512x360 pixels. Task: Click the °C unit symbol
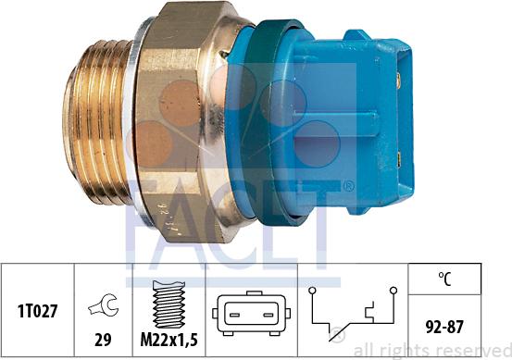[x=444, y=276]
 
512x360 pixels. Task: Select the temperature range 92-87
[x=444, y=325]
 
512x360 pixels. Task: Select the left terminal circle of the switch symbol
[x=315, y=292]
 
